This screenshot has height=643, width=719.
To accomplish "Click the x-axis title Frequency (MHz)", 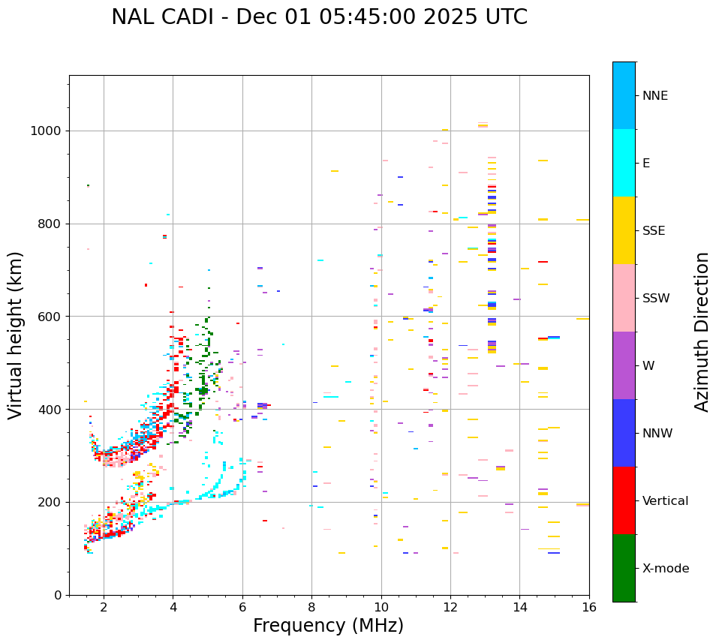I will (328, 626).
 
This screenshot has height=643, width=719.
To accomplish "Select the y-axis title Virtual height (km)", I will (16, 335).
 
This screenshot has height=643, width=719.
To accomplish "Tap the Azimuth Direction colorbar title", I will (702, 332).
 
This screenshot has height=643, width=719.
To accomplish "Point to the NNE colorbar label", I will (654, 96).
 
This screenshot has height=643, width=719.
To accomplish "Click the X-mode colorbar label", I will (665, 569).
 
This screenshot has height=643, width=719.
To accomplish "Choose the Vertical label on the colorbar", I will (665, 501).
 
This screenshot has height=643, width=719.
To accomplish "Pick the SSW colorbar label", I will (655, 299).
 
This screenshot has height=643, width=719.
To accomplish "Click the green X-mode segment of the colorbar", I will (624, 568).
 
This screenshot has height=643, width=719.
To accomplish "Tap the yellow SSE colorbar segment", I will (624, 230).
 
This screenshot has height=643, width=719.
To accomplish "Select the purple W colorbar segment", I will (624, 365).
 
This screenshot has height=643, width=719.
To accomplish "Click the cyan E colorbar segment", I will (624, 163).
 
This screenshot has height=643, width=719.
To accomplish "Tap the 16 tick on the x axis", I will (589, 607).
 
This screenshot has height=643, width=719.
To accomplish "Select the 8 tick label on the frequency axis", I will (311, 607).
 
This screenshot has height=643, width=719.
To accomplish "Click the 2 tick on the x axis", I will (104, 607).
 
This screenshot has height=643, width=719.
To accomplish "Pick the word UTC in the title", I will (504, 17).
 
